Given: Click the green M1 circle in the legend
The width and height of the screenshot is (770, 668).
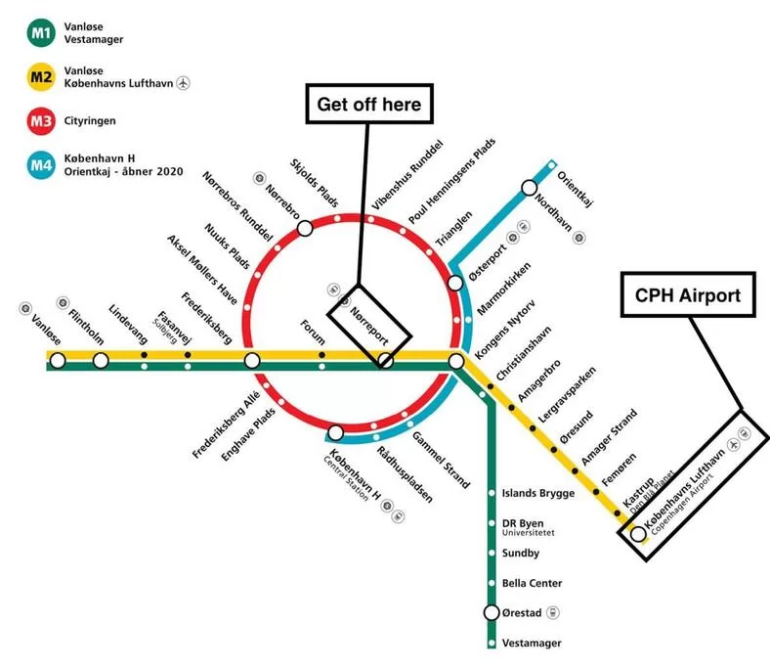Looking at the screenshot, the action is [x=41, y=33].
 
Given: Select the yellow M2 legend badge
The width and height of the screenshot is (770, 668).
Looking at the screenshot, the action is [x=41, y=77].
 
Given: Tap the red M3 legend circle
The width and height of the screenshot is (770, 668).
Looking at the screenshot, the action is [x=41, y=121].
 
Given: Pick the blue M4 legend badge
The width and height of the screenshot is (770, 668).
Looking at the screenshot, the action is [x=41, y=165].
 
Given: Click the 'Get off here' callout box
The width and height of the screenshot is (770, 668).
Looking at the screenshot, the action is [x=369, y=104].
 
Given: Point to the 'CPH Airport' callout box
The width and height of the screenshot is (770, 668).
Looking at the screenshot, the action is [x=688, y=295].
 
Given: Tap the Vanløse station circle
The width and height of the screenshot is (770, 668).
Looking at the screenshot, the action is [x=58, y=361].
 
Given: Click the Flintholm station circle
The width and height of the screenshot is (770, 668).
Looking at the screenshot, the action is [x=101, y=361].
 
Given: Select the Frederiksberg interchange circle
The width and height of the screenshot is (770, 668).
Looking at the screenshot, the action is [x=252, y=361].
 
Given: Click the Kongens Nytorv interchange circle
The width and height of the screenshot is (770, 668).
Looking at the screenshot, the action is [x=456, y=361].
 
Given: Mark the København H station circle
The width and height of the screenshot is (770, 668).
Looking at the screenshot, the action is [x=336, y=433].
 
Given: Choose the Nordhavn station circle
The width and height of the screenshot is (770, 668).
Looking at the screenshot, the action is [x=529, y=187].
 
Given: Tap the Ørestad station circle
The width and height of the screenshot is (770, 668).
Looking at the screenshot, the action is [x=492, y=612].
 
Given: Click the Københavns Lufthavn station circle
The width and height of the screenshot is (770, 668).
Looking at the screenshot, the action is [x=638, y=534].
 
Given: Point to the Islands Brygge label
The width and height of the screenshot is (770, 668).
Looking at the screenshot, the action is [x=538, y=494].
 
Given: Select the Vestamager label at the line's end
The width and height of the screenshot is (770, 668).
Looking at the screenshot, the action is [x=532, y=643].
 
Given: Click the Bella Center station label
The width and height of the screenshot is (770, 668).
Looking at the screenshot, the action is [x=532, y=583].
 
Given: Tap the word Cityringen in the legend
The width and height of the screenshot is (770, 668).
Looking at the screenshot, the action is [x=90, y=121].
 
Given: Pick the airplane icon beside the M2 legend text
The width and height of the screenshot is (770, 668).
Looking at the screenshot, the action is [x=183, y=83].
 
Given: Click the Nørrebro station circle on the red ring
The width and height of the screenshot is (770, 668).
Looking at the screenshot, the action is [x=305, y=228].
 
